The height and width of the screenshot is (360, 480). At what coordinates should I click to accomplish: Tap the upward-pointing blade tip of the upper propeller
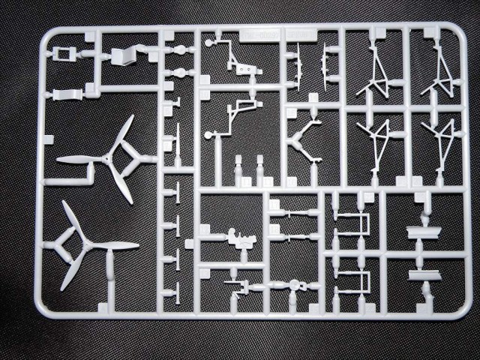(130, 119)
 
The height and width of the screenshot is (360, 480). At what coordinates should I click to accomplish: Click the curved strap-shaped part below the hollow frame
(67, 94)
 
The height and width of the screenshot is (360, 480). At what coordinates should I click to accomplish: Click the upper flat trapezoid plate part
(425, 231)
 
